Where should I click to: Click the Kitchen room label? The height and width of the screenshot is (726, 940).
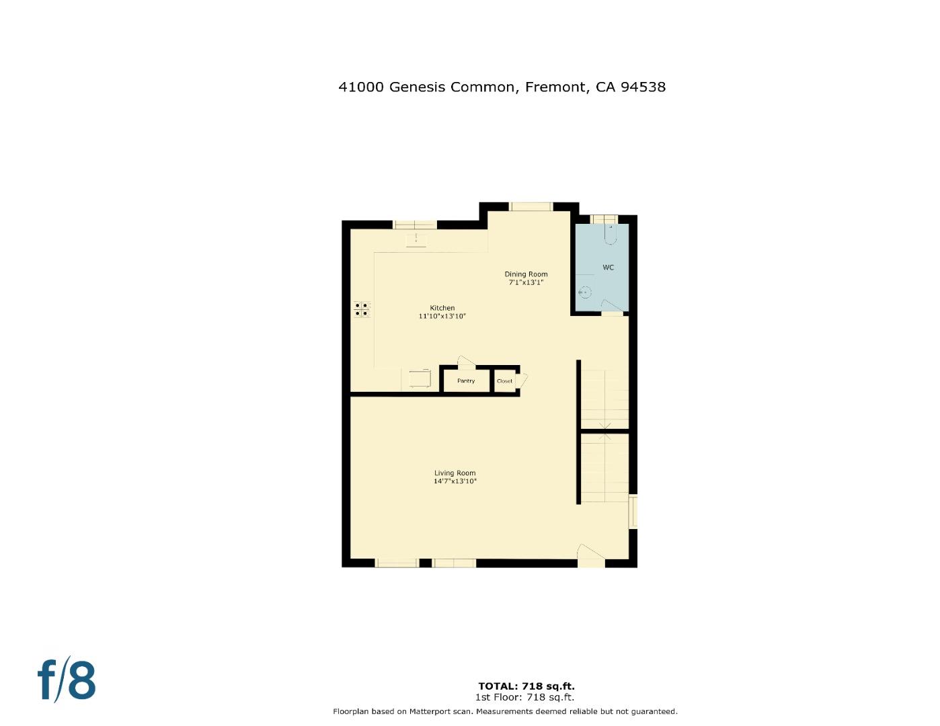click(x=442, y=308)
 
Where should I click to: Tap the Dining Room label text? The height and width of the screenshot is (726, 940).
click(x=526, y=274)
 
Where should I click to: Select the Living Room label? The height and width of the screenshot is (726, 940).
click(x=455, y=473)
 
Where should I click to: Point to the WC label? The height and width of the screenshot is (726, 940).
click(x=608, y=268)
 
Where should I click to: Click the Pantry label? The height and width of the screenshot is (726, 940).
click(x=465, y=381)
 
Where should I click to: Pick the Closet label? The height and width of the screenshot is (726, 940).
click(x=504, y=381)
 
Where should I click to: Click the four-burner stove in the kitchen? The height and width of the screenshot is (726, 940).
click(x=361, y=309)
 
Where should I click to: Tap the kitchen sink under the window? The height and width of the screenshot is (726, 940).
click(x=416, y=239)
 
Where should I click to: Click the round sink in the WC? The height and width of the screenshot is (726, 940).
click(x=585, y=292)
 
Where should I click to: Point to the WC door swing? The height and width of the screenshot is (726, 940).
click(x=610, y=306)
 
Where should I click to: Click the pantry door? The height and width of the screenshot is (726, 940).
click(x=465, y=362)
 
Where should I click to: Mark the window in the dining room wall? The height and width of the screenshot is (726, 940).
click(x=531, y=206)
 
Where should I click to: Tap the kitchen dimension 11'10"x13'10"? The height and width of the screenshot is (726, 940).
click(x=442, y=316)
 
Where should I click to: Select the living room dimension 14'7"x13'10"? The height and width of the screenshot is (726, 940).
click(x=455, y=481)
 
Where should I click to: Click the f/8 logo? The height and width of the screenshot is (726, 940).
click(x=66, y=680)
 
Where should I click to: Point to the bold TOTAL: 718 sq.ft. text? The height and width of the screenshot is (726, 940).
click(x=526, y=686)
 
